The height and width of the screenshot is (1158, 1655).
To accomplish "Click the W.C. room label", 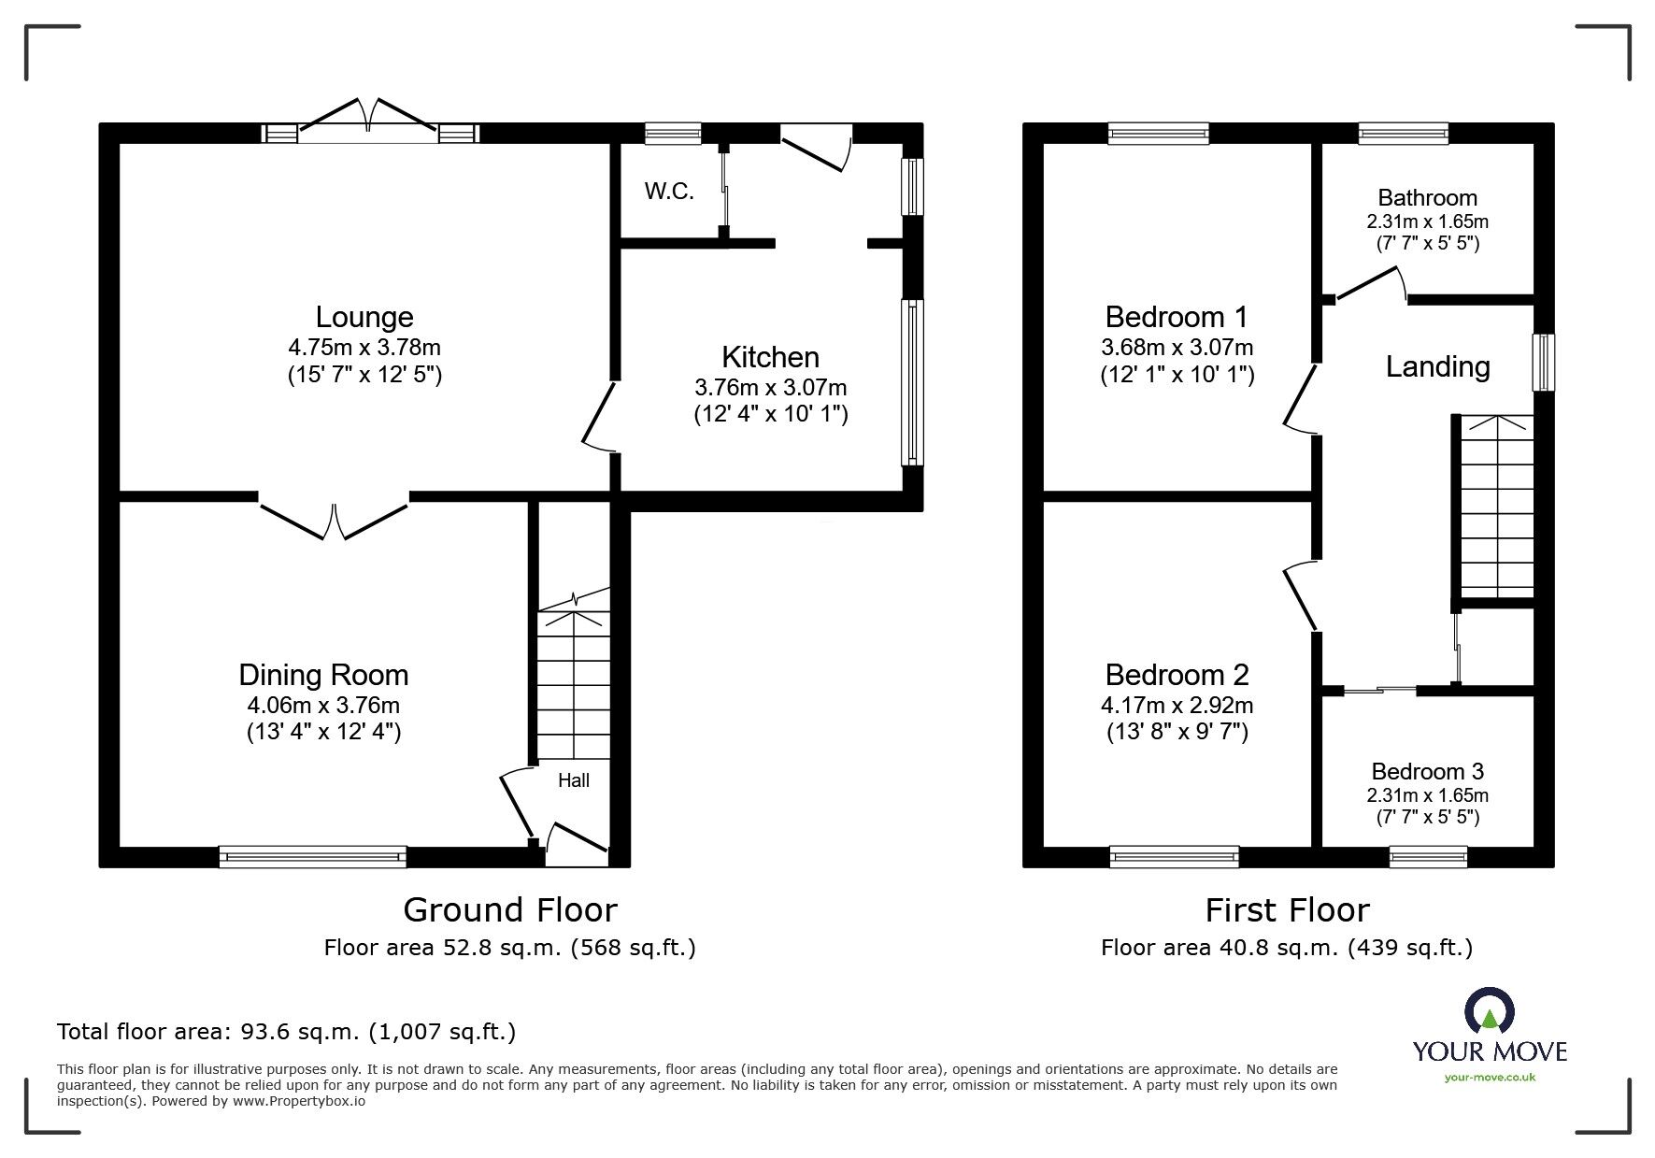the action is (x=669, y=192).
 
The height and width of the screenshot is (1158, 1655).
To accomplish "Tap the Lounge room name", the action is (x=364, y=317).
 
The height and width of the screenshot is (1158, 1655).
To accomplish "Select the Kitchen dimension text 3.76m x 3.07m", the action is (x=771, y=387).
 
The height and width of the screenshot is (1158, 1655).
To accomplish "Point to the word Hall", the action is (x=574, y=780).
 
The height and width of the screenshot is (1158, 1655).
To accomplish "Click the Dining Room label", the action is (x=323, y=675).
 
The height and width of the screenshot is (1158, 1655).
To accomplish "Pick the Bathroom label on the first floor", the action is (x=1427, y=197).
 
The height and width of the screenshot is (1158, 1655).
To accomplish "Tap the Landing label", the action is (x=1437, y=366).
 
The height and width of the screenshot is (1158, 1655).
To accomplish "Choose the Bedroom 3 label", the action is (x=1427, y=771).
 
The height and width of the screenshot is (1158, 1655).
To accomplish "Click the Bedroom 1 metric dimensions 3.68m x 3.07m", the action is (x=1177, y=348).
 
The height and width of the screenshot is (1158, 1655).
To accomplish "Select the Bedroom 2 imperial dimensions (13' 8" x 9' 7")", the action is (x=1177, y=732).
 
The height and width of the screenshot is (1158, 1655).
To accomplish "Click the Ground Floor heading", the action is (x=510, y=909).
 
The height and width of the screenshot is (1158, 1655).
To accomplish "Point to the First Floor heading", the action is (x=1287, y=909).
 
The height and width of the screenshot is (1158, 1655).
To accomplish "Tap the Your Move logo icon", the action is (x=1489, y=1011).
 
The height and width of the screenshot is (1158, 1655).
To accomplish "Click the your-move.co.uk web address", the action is (x=1490, y=1078).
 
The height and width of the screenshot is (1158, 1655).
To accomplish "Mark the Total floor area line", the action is (x=286, y=1032).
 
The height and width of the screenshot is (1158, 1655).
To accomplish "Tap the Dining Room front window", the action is (x=313, y=856).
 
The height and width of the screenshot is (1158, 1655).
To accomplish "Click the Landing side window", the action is (x=1544, y=363).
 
